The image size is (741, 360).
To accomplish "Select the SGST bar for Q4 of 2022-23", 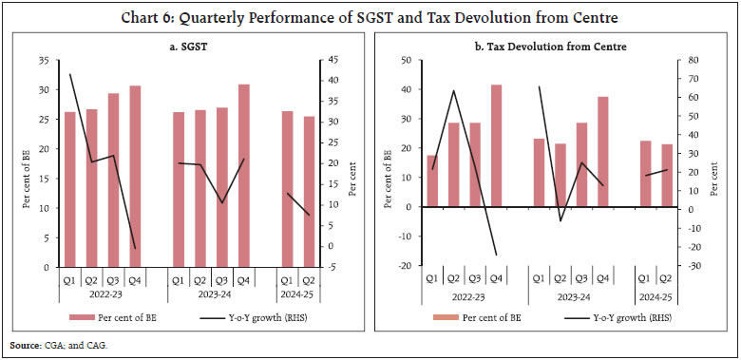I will (136, 176).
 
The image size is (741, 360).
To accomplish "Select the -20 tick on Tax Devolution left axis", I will (405, 266).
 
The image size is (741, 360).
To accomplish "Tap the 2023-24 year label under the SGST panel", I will (210, 294).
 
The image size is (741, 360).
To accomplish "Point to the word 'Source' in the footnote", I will (23, 346).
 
